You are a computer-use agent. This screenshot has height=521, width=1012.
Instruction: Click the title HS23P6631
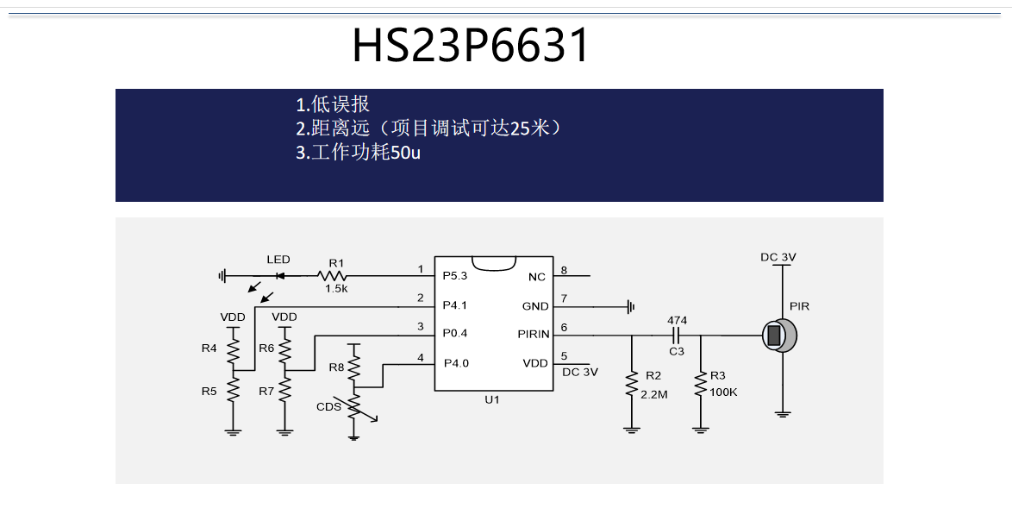[x=471, y=46]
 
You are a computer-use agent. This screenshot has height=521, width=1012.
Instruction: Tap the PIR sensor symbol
[x=779, y=335]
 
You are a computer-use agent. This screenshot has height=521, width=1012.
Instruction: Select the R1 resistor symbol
[x=332, y=276]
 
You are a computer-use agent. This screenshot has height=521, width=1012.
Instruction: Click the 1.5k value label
[x=336, y=289]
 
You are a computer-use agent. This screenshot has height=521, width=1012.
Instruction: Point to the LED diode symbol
[x=279, y=276]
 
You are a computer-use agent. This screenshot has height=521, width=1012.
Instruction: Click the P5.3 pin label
[x=454, y=276]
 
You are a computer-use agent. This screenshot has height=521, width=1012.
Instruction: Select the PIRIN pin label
[x=533, y=334]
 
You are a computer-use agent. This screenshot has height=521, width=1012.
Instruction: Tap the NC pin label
[x=537, y=277]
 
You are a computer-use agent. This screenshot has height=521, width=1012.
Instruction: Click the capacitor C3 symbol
[x=677, y=335]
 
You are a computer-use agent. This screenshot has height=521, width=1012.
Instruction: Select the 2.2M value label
[x=654, y=393]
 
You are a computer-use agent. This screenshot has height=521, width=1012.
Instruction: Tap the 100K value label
[x=723, y=393]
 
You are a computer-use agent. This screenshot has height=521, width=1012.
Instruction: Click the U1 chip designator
[x=491, y=400]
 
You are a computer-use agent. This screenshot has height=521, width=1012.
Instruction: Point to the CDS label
[x=328, y=406]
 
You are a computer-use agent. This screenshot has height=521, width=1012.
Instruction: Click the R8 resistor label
[x=336, y=367]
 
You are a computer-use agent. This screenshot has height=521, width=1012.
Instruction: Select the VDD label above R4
[x=233, y=317]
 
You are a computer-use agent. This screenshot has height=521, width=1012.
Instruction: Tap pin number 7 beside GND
[x=564, y=298]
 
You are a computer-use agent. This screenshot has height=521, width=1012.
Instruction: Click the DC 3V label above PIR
[x=778, y=257]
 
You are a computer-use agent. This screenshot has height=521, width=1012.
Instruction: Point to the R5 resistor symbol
[x=233, y=390]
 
